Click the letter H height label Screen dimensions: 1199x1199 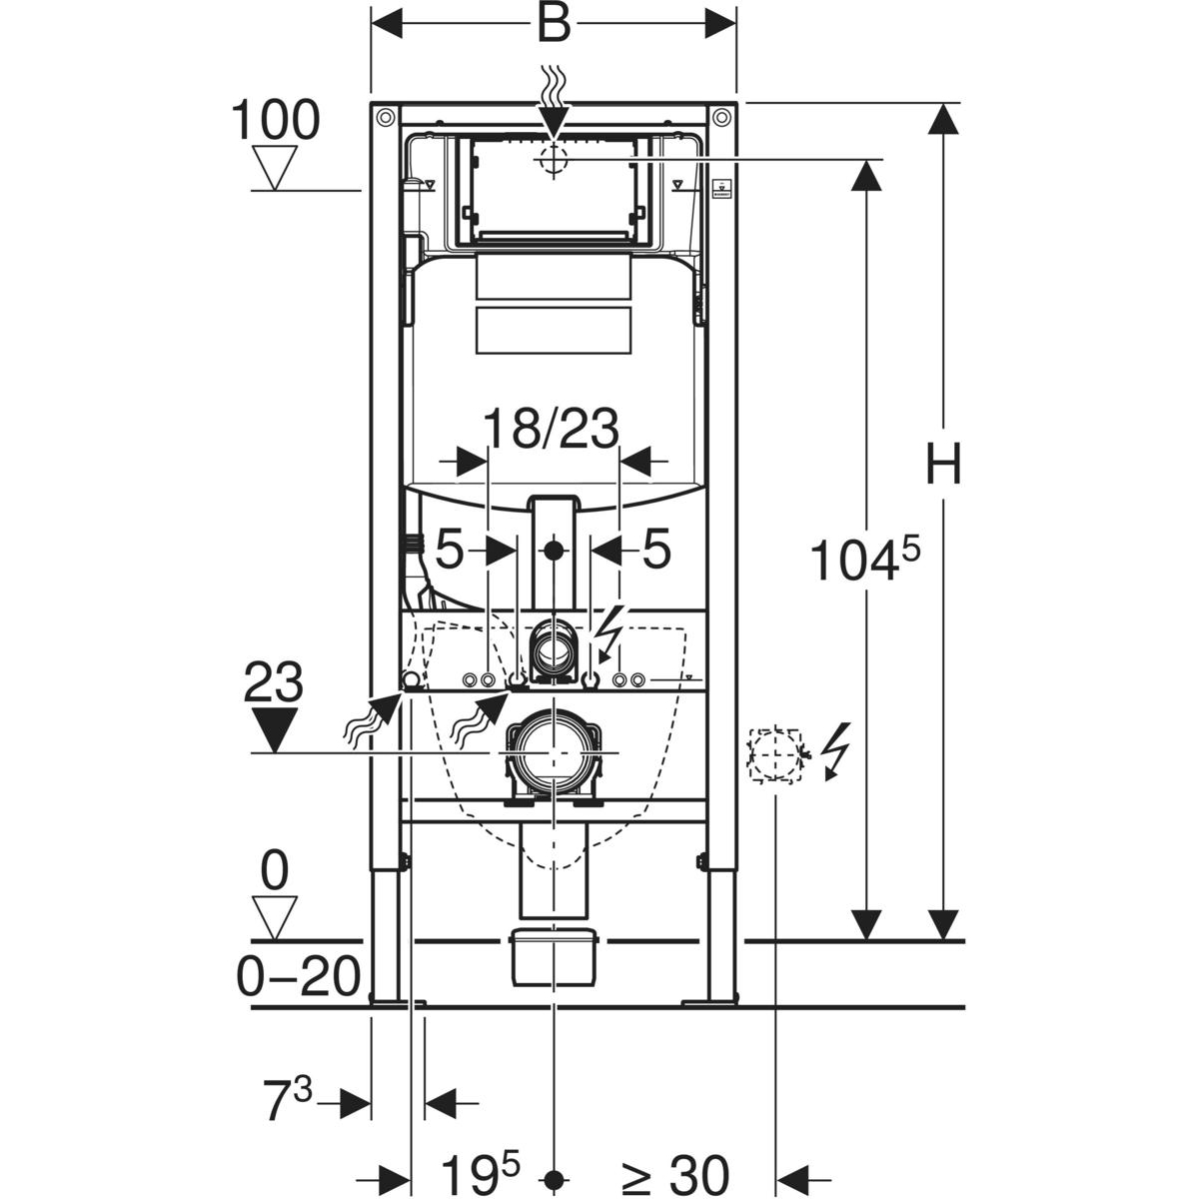click(x=942, y=466)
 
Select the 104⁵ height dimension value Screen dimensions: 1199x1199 click(x=861, y=560)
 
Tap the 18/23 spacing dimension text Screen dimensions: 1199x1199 click(x=552, y=431)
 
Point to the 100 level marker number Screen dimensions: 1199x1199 click(x=276, y=121)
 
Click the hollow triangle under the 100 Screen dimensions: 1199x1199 click(x=275, y=168)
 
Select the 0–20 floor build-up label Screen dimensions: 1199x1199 click(x=298, y=976)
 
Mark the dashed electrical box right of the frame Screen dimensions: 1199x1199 click(x=776, y=753)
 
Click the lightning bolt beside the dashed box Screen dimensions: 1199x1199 click(x=834, y=750)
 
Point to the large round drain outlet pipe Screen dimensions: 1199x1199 click(x=552, y=751)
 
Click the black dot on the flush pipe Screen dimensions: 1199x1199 click(x=552, y=550)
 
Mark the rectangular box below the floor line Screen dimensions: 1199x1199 click(x=553, y=957)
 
